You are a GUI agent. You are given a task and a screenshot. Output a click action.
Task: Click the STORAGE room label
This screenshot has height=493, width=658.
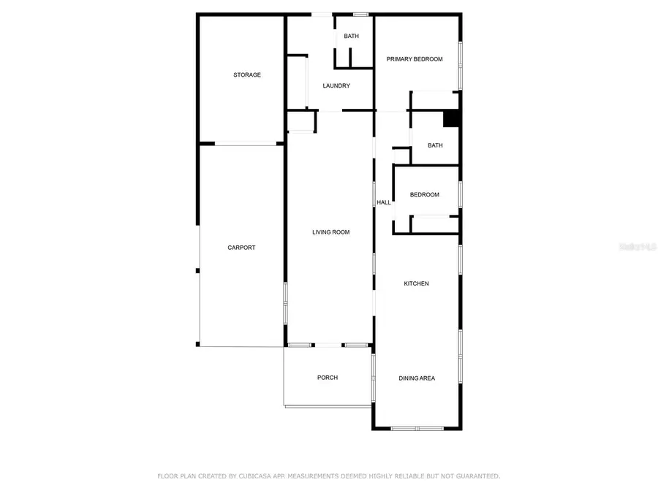pos(247,75)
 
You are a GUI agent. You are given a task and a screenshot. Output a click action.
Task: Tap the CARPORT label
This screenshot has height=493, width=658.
pos(241,248)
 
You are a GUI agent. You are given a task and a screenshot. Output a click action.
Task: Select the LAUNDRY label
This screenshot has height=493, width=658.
pos(336,86)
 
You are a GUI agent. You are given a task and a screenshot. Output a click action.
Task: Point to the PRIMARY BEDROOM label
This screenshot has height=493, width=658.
pos(415,59)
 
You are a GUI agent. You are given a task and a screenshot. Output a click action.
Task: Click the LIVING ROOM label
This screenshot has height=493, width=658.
pos(330,232)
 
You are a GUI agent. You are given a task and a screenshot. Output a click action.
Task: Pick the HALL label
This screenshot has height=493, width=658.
pos(384,202)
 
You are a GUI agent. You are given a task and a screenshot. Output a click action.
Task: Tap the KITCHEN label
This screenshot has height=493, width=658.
pos(417,283)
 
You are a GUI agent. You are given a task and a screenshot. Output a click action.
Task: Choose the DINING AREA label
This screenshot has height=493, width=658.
pos(417,378)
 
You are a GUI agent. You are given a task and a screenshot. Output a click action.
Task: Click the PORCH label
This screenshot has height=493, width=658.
pos(328,378)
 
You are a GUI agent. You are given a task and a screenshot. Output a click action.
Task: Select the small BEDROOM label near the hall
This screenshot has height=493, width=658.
pos(424,194)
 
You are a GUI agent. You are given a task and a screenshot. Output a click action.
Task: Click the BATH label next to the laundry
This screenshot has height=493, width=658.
pos(352,37)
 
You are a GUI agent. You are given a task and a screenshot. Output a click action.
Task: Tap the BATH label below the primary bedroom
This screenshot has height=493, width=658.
pos(435,145)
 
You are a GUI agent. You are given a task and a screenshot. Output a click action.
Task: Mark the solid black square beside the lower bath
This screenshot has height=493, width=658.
pos(451,118)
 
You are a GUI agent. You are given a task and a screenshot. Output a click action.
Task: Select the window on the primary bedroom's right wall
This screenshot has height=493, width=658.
pos(461,64)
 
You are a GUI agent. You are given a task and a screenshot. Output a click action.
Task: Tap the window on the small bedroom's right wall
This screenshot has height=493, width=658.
pos(461,194)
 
